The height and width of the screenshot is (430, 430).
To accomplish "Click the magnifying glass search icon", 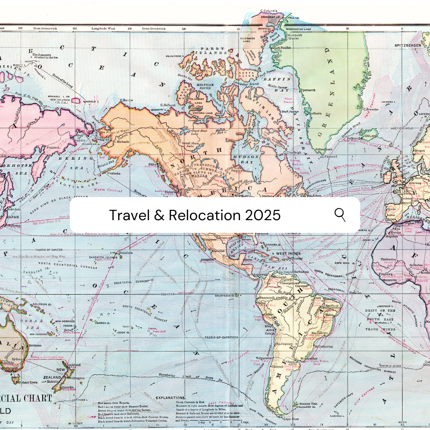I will (x=340, y=215).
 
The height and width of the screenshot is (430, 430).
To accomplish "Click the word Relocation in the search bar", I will (x=204, y=215).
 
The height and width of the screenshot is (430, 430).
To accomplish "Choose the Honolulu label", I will (x=125, y=252).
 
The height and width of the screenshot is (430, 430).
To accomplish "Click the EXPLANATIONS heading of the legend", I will (x=170, y=398).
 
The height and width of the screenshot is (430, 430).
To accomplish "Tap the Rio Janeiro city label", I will (x=319, y=332).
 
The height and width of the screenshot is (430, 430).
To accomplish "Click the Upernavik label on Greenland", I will (x=309, y=90).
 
